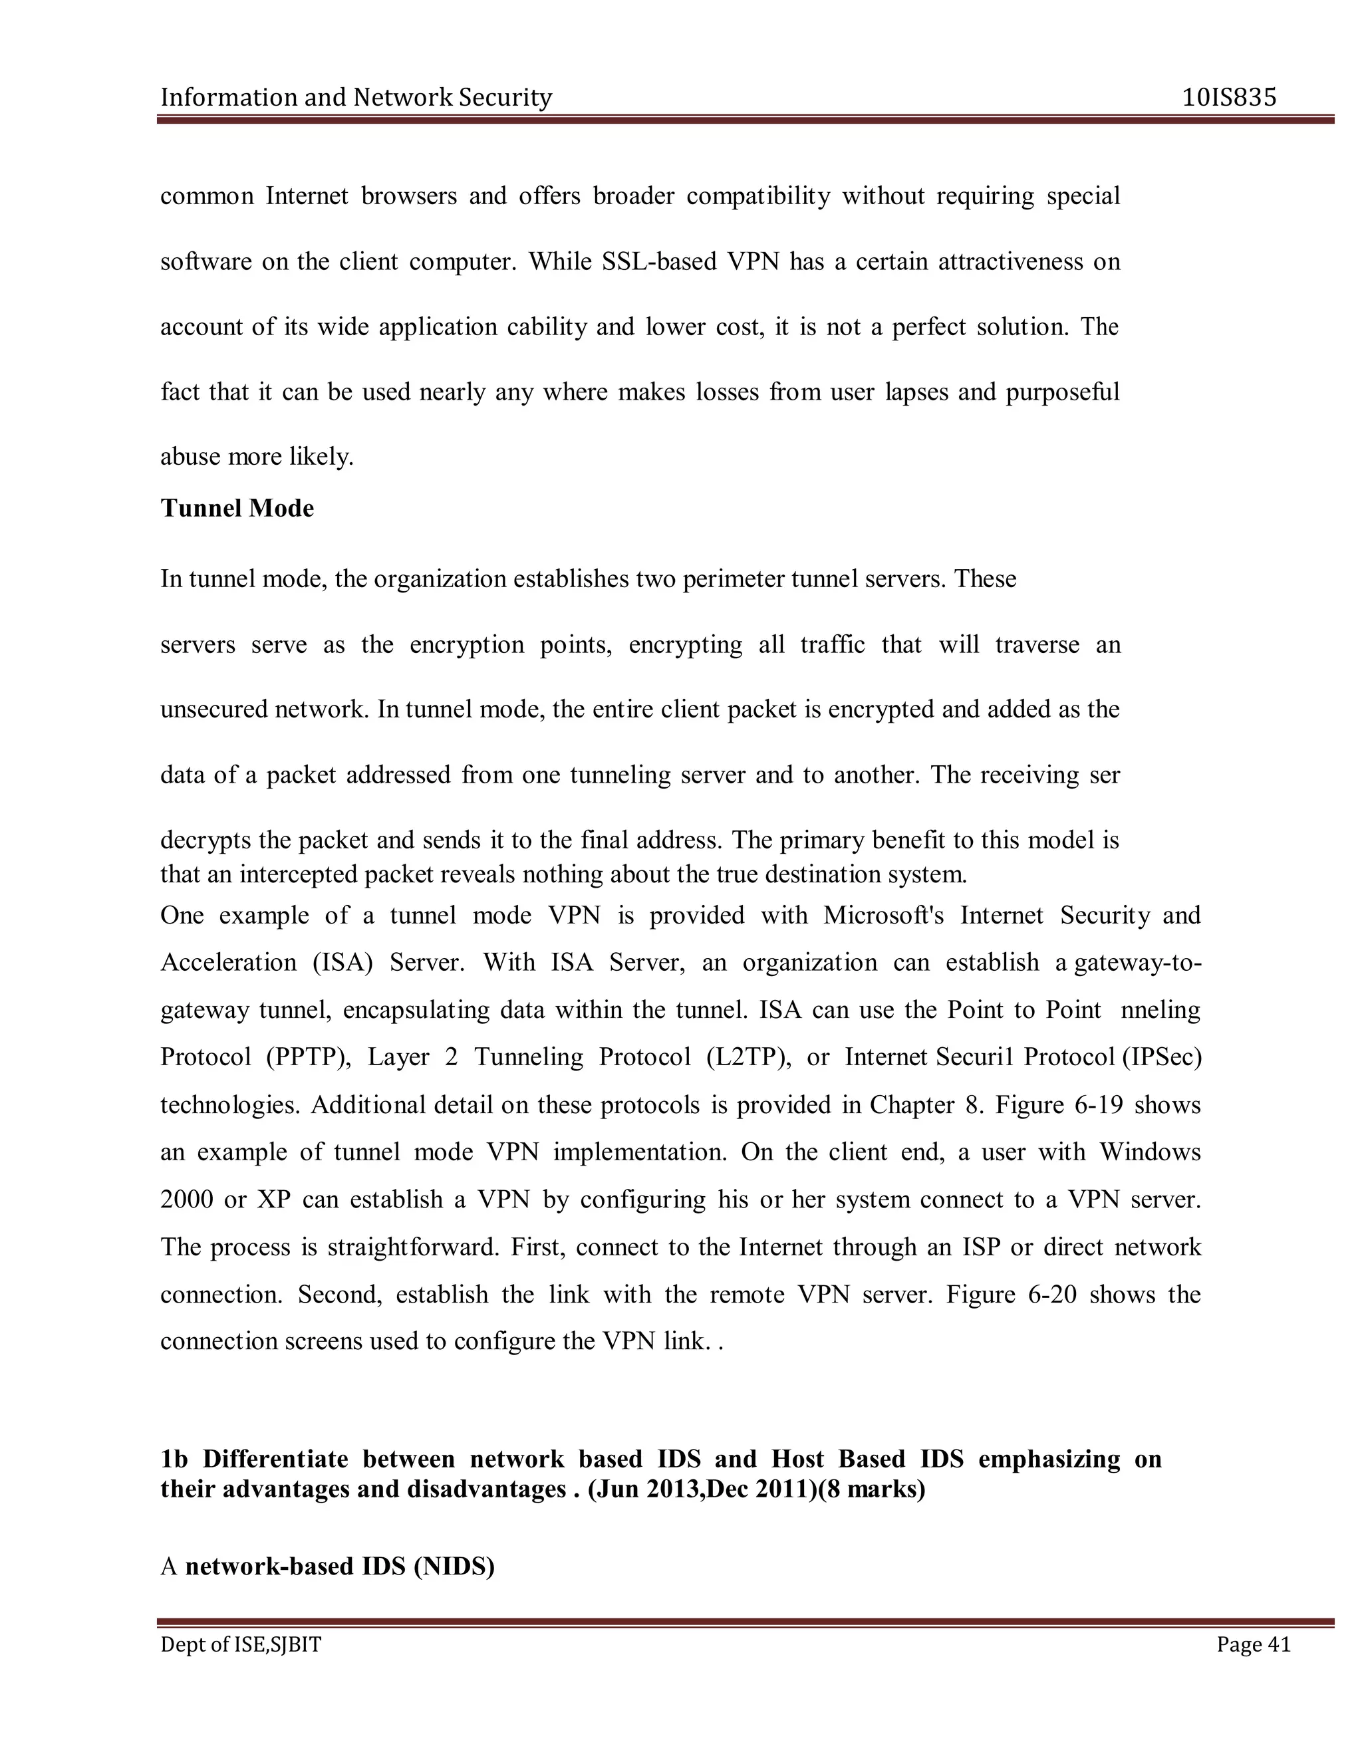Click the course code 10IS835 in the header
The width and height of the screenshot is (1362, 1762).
[x=1229, y=98]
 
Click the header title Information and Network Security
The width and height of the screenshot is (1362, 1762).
[x=356, y=98]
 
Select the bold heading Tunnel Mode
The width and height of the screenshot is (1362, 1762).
[x=237, y=508]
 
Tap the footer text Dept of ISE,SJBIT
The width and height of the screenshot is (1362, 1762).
[x=241, y=1644]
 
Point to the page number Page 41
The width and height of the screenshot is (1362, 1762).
[x=1253, y=1644]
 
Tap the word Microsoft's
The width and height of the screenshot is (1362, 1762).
[x=884, y=916]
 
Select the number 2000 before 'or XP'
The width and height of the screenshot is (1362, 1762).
[x=186, y=1199]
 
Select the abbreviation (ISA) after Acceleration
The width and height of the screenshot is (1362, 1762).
[x=342, y=963]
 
